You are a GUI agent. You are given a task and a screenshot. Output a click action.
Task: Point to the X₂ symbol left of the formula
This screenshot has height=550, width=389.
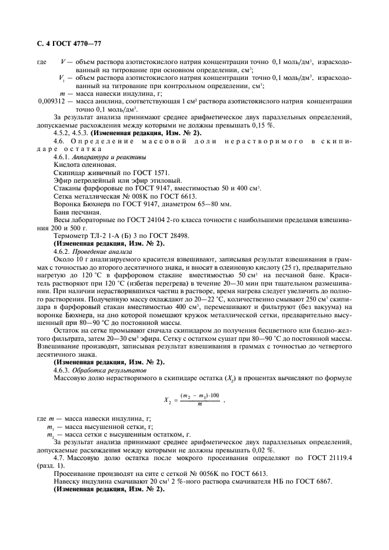click(167, 400)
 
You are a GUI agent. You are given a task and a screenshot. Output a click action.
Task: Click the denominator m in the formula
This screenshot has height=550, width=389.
click(200, 404)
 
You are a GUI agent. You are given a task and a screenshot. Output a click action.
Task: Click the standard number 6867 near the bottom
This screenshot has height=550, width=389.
click(322, 482)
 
